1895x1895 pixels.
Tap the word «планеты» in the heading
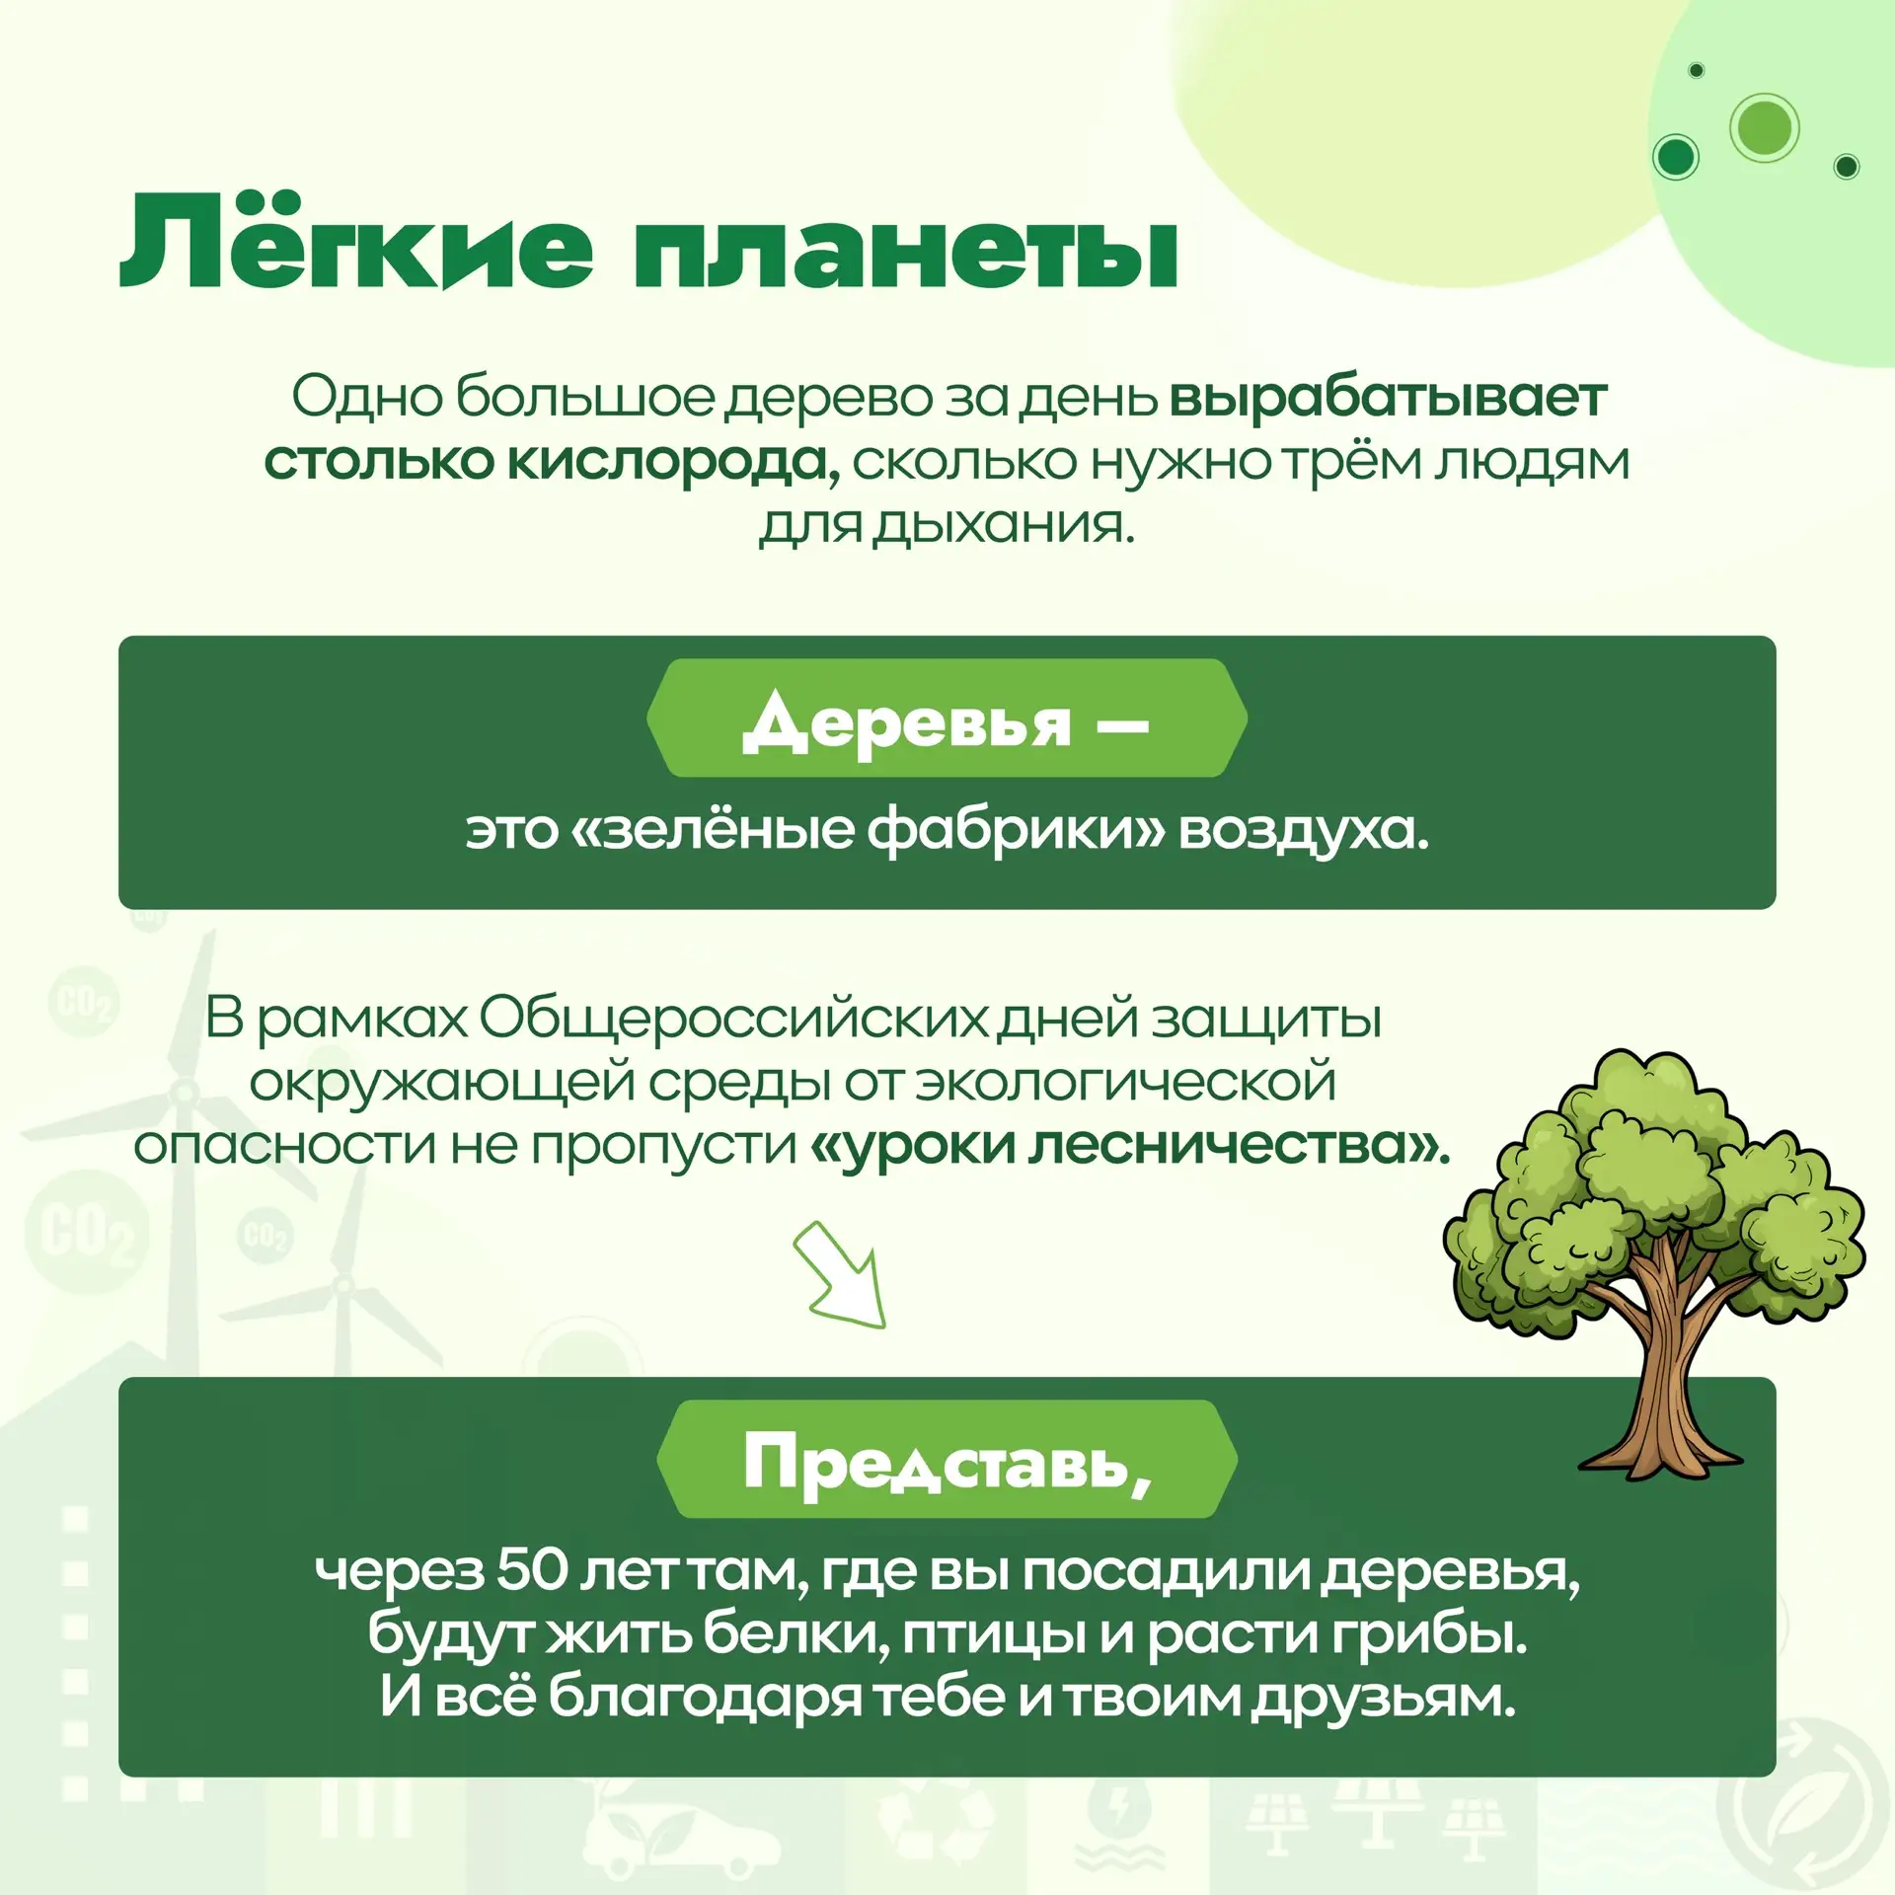(x=906, y=251)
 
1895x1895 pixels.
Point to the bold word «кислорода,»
(x=675, y=463)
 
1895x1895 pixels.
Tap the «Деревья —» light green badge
(x=947, y=718)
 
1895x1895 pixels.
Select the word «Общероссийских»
(x=732, y=1019)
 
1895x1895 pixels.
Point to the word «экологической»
(x=1125, y=1083)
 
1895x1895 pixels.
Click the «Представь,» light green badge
(x=947, y=1459)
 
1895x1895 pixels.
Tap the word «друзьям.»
(x=1384, y=1699)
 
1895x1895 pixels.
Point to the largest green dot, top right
(x=1765, y=127)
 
